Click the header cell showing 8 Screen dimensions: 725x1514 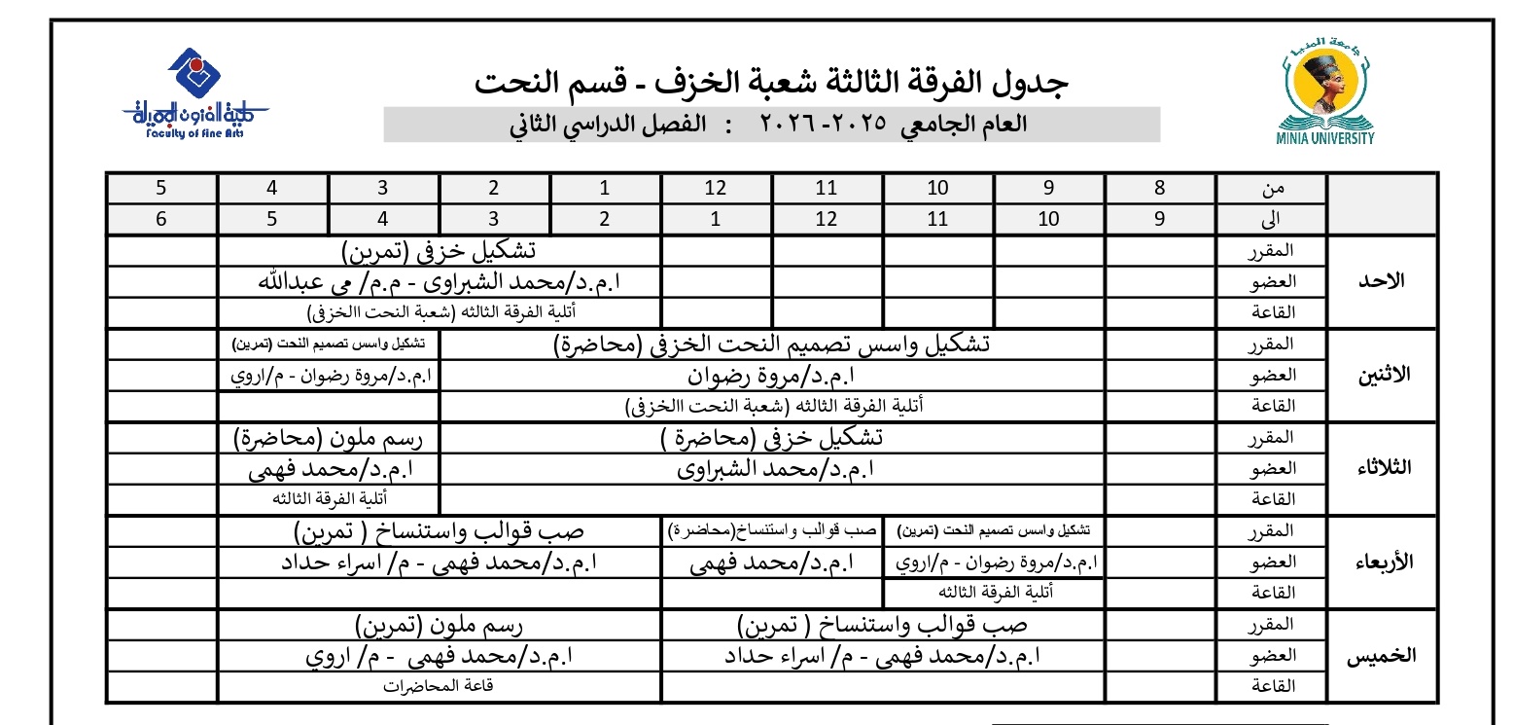tap(1159, 189)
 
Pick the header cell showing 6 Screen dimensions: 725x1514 tap(161, 219)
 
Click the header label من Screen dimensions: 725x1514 tap(1272, 189)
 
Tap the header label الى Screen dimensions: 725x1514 tap(1272, 219)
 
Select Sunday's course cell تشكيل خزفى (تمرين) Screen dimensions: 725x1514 tap(440, 251)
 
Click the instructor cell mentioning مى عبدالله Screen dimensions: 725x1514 tap(440, 282)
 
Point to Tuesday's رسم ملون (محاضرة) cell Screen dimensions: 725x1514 tap(329, 438)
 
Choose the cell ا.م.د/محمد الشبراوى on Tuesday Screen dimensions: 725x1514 tap(773, 469)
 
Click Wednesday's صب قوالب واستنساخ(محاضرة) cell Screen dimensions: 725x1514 tap(771, 531)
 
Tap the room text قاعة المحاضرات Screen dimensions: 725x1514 tap(439, 685)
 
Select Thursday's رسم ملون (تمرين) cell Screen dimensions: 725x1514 tap(440, 624)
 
